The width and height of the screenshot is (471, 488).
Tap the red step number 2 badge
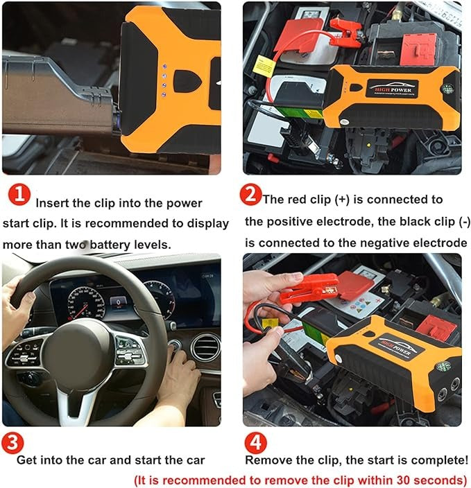click(251, 195)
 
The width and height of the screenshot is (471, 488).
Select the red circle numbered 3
click(12, 442)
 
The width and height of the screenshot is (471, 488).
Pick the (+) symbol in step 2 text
click(342, 200)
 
